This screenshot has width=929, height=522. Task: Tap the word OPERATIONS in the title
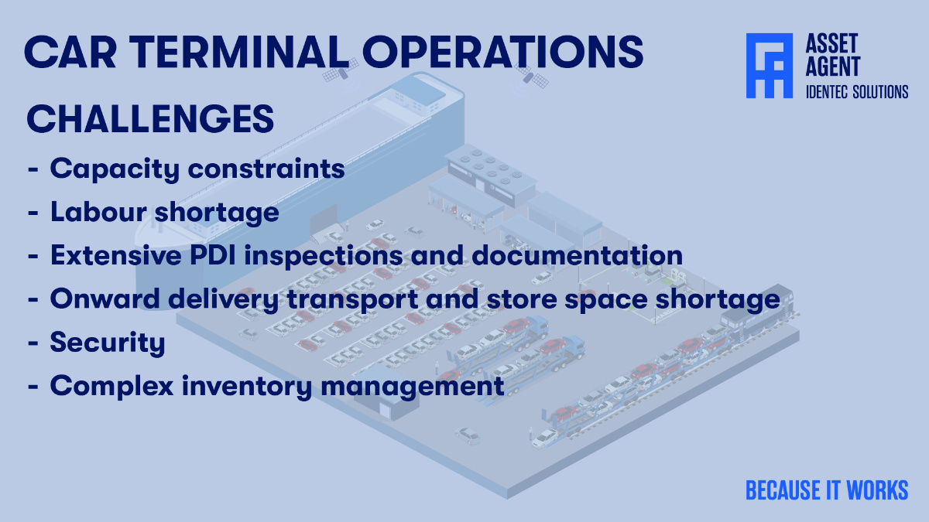point(502,51)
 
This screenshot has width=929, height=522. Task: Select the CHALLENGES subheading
point(150,120)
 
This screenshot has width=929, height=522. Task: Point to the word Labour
point(100,212)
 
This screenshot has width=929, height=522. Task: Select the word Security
point(108,343)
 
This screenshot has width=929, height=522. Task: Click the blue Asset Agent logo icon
point(769,66)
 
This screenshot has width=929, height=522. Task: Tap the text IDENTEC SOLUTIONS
point(857,92)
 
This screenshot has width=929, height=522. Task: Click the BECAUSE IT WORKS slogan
point(827,490)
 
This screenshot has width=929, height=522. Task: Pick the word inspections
point(346,255)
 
